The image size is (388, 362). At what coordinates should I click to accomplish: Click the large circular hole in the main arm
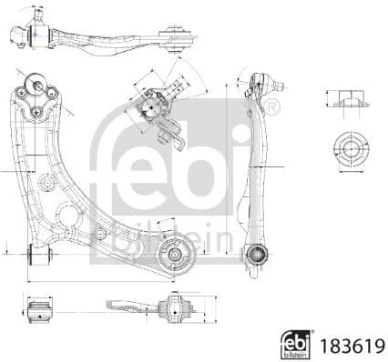[x=67, y=216]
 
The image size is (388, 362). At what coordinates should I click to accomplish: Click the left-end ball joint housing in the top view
[x=36, y=34]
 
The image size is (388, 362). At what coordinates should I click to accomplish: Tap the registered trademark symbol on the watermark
[x=272, y=109]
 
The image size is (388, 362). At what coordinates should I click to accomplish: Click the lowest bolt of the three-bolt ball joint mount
[x=36, y=112]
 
